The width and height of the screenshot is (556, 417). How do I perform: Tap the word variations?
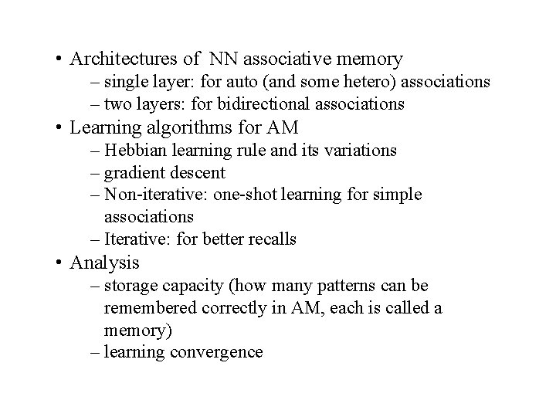tap(358, 150)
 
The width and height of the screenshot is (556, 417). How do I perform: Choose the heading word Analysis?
tap(104, 263)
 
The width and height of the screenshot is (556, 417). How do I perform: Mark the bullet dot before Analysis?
tap(59, 263)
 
